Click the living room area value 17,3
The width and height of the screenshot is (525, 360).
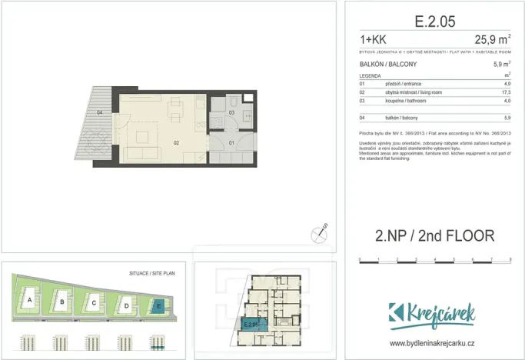point(506,92)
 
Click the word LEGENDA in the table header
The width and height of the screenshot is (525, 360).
point(370,75)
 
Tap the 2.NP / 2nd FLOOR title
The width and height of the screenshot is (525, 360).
point(434,235)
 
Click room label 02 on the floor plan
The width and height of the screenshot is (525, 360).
point(176,142)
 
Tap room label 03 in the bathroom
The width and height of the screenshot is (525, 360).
point(231,113)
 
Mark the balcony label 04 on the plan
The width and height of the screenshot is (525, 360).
point(100,113)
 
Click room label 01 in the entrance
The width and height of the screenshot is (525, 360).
point(231,142)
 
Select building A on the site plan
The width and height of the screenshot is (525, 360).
point(28,299)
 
